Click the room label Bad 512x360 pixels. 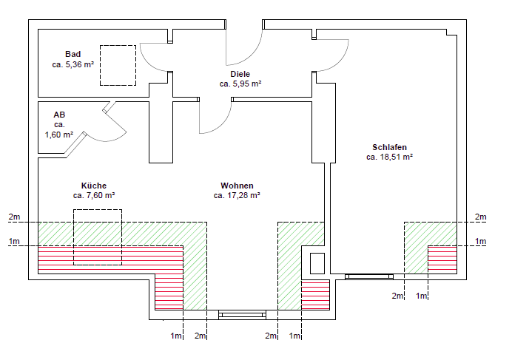(x=73, y=54)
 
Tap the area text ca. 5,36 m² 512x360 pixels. (x=73, y=64)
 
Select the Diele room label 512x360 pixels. (x=240, y=74)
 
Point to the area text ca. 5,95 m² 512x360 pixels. (x=240, y=84)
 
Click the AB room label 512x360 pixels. (x=59, y=115)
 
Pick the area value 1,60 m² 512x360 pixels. (x=59, y=135)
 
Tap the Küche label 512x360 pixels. (x=94, y=186)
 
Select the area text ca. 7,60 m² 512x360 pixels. (x=94, y=196)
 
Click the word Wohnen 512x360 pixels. (x=237, y=186)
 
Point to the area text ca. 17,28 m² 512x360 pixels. (x=237, y=196)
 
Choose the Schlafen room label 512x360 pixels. (x=390, y=147)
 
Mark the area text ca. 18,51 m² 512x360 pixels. (x=390, y=157)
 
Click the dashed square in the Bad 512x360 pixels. (x=118, y=65)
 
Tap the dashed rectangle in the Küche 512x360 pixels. (x=97, y=237)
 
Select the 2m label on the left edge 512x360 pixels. (x=15, y=217)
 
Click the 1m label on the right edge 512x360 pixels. (x=481, y=241)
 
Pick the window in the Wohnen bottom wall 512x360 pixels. (x=242, y=315)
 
